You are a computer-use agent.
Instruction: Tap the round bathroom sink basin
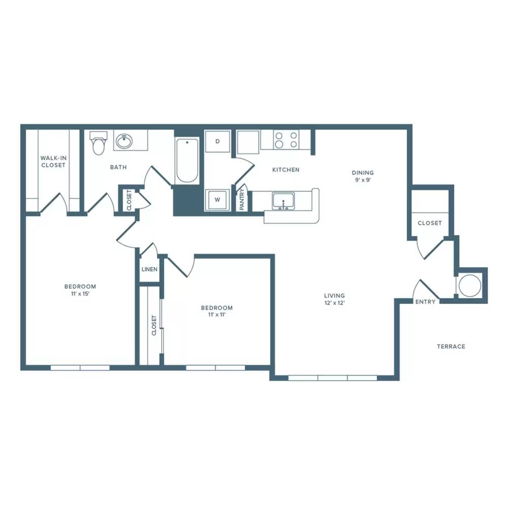pos(124,141)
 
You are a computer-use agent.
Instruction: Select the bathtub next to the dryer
pos(187,161)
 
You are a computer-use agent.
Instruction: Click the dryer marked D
pos(218,141)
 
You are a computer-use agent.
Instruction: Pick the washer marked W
pos(217,200)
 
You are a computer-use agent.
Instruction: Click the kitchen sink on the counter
pos(283,201)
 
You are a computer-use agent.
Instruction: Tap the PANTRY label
pos(242,200)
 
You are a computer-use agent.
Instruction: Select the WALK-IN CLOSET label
pos(53,162)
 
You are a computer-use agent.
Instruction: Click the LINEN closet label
pos(149,269)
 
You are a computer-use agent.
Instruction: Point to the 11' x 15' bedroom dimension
pos(80,294)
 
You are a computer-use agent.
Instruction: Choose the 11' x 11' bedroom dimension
pos(217,314)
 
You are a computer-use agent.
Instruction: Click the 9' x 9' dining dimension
pos(363,180)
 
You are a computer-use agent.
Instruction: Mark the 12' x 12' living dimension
pos(334,303)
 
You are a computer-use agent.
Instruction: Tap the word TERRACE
pos(451,346)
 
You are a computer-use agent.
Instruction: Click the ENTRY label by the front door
pos(425,302)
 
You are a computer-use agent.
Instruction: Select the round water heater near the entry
pos(470,285)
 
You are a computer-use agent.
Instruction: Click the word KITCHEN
pos(285,170)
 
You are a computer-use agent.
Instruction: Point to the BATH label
pos(118,167)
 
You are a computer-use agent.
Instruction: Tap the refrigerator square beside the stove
pos(248,142)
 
